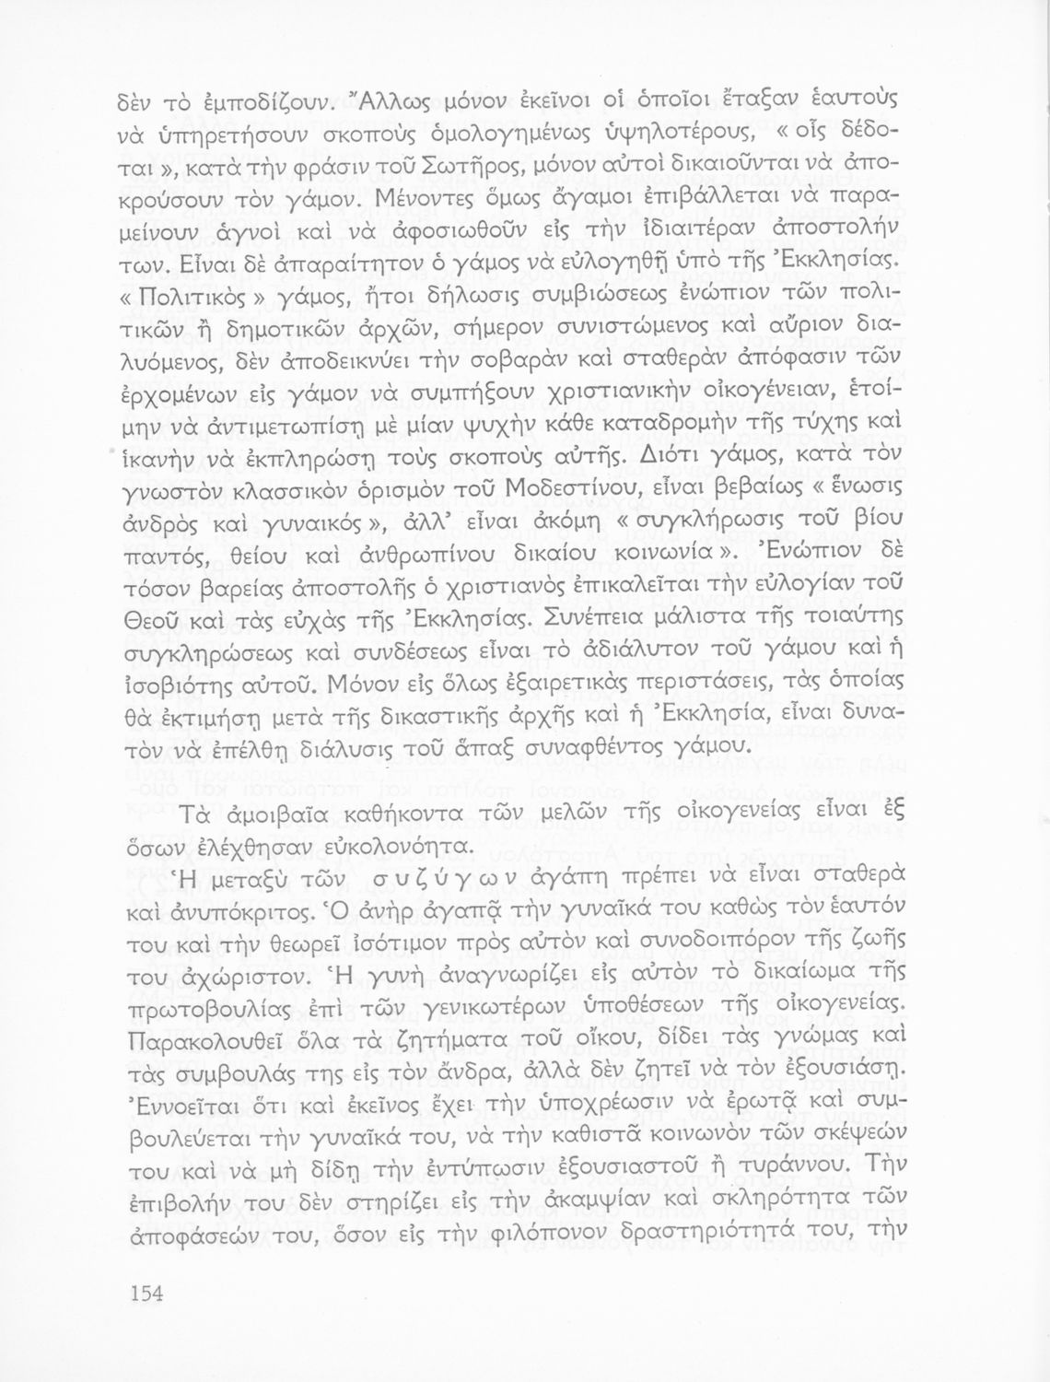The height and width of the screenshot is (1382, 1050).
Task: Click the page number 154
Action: (145, 1294)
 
